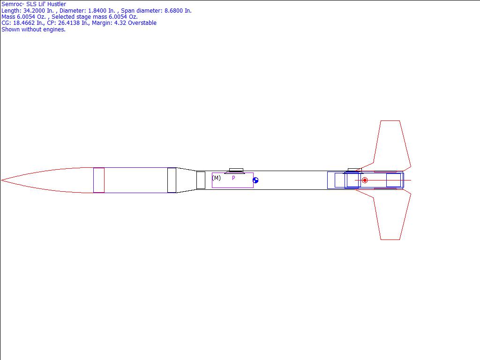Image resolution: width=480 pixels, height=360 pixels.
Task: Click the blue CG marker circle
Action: (x=255, y=180)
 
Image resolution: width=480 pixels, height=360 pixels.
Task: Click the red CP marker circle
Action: (x=365, y=180)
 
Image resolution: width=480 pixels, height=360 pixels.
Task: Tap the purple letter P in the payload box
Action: (x=233, y=178)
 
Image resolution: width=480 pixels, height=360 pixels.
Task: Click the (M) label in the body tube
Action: (x=217, y=178)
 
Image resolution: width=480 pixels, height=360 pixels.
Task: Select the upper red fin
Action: (x=392, y=144)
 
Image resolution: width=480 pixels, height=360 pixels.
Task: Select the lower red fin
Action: (x=392, y=217)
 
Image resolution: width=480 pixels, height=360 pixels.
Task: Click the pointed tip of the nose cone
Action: (x=1, y=180)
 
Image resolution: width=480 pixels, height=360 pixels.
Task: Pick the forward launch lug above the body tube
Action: (x=236, y=170)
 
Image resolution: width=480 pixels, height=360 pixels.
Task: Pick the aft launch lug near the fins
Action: (x=355, y=170)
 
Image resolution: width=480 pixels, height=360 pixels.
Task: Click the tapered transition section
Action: (x=187, y=180)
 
